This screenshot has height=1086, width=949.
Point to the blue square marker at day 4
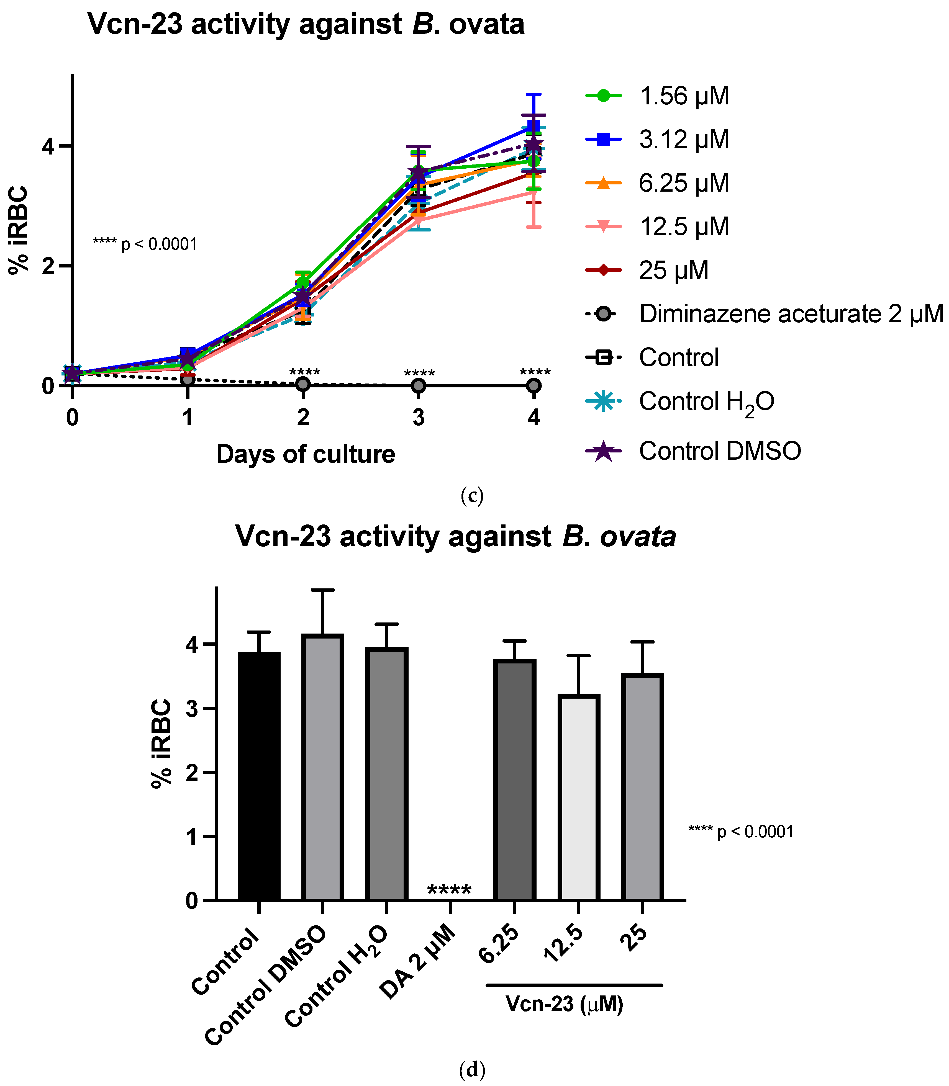(x=534, y=127)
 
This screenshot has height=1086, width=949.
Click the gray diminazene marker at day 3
(x=418, y=385)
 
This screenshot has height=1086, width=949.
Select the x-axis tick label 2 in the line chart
(x=303, y=418)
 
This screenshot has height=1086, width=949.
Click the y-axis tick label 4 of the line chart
(x=49, y=146)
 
